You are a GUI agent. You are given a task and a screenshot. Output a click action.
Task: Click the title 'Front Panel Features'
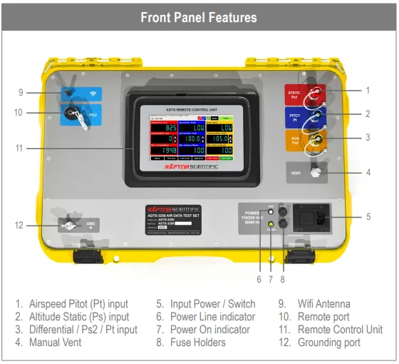coord(199,16)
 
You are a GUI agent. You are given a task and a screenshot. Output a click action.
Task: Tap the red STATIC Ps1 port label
coord(294,94)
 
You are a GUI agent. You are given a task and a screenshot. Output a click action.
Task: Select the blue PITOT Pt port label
coord(294,116)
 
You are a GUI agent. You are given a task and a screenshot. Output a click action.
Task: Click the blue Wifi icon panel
coord(90,93)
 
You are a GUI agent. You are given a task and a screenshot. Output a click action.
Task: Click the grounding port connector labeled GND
coord(71,225)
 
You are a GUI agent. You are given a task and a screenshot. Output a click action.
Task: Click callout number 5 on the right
coord(368,216)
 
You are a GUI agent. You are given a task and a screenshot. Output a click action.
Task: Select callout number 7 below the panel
coord(271,279)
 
